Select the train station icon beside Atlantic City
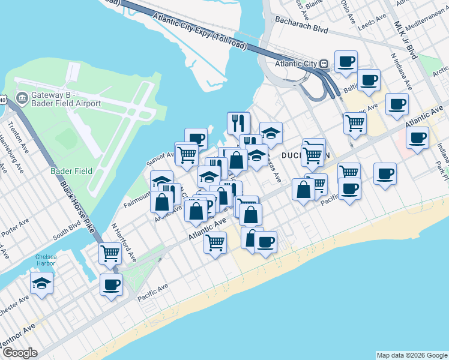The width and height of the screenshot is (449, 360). pos(324,64)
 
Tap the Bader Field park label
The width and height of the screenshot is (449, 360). pos(71,171)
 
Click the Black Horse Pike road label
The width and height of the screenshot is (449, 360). pos(79,204)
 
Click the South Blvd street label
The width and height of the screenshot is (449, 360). pos(65,233)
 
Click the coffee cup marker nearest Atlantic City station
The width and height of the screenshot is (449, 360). pos(346,61)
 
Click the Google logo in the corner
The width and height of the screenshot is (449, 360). pos(20,353)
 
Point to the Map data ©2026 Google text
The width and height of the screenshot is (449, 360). pos(411,355)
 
